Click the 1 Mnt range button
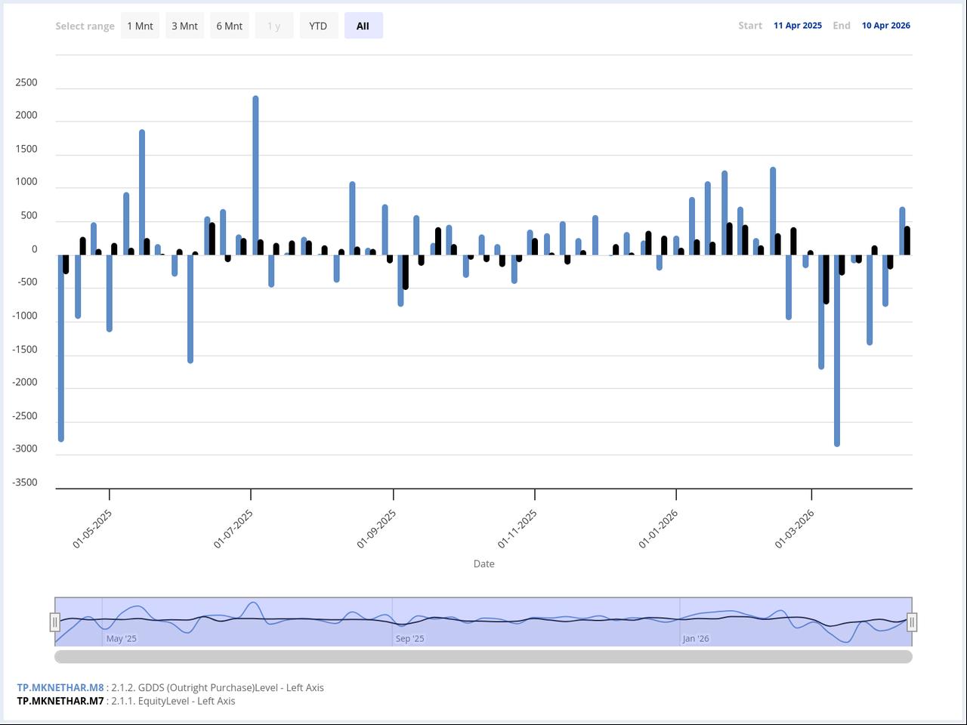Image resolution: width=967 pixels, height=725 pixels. [x=140, y=26]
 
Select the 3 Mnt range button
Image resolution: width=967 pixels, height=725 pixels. [x=184, y=26]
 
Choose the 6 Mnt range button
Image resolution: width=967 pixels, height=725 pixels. [x=229, y=26]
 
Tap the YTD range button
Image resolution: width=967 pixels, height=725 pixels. [x=318, y=26]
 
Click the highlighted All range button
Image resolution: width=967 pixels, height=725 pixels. [x=363, y=26]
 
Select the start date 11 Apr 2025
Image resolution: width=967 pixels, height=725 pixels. [x=797, y=26]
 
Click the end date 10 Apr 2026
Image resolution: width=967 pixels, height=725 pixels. [x=885, y=26]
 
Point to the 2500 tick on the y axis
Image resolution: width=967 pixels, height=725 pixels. [x=26, y=82]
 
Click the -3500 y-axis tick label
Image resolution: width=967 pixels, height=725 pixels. [x=25, y=483]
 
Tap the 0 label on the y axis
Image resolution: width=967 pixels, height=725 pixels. [x=34, y=249]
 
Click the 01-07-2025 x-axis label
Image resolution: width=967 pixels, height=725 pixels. [x=233, y=529]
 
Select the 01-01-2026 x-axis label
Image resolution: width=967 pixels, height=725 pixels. [x=658, y=529]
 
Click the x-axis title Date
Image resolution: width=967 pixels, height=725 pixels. [x=483, y=563]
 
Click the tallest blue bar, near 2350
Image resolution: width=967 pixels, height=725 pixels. [x=255, y=174]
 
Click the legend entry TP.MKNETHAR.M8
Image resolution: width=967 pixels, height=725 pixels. [x=60, y=687]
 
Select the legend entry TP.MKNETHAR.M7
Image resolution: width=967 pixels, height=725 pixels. [x=60, y=701]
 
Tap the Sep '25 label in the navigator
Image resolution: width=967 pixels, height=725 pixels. [x=409, y=638]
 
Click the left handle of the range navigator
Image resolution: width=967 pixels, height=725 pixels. [x=55, y=622]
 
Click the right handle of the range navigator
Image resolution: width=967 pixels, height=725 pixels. [x=912, y=622]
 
